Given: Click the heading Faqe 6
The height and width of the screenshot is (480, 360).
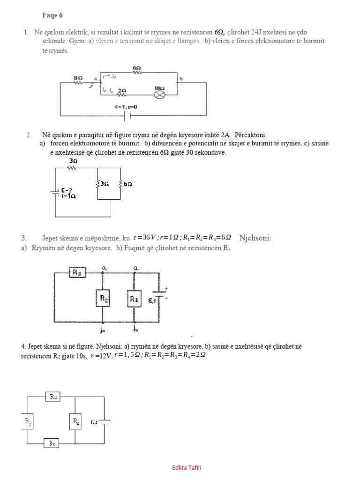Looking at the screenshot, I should [x=52, y=15].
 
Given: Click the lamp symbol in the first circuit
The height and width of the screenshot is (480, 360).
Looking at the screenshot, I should [x=160, y=94].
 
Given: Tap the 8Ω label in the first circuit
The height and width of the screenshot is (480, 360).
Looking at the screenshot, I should [x=78, y=76].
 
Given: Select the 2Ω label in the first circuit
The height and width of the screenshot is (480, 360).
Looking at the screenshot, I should [x=122, y=90].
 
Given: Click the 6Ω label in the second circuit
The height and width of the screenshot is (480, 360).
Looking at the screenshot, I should [x=127, y=184].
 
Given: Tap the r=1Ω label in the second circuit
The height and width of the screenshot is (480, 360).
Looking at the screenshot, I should [x=69, y=196].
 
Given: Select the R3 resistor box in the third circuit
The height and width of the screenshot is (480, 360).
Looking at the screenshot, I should [x=76, y=272].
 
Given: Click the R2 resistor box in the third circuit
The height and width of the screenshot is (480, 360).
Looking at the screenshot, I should [x=103, y=299].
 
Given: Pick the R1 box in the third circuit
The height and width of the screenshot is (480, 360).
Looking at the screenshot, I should [x=134, y=299].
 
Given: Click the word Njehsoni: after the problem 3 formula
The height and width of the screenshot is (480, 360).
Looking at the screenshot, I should [x=255, y=238].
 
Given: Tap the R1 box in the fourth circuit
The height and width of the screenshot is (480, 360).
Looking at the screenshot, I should [x=53, y=397].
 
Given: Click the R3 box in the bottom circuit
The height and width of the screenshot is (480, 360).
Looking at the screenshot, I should [x=52, y=442].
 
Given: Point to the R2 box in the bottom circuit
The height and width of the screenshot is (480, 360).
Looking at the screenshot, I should [x=28, y=421].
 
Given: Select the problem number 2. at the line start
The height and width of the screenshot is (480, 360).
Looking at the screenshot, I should [x=29, y=135].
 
